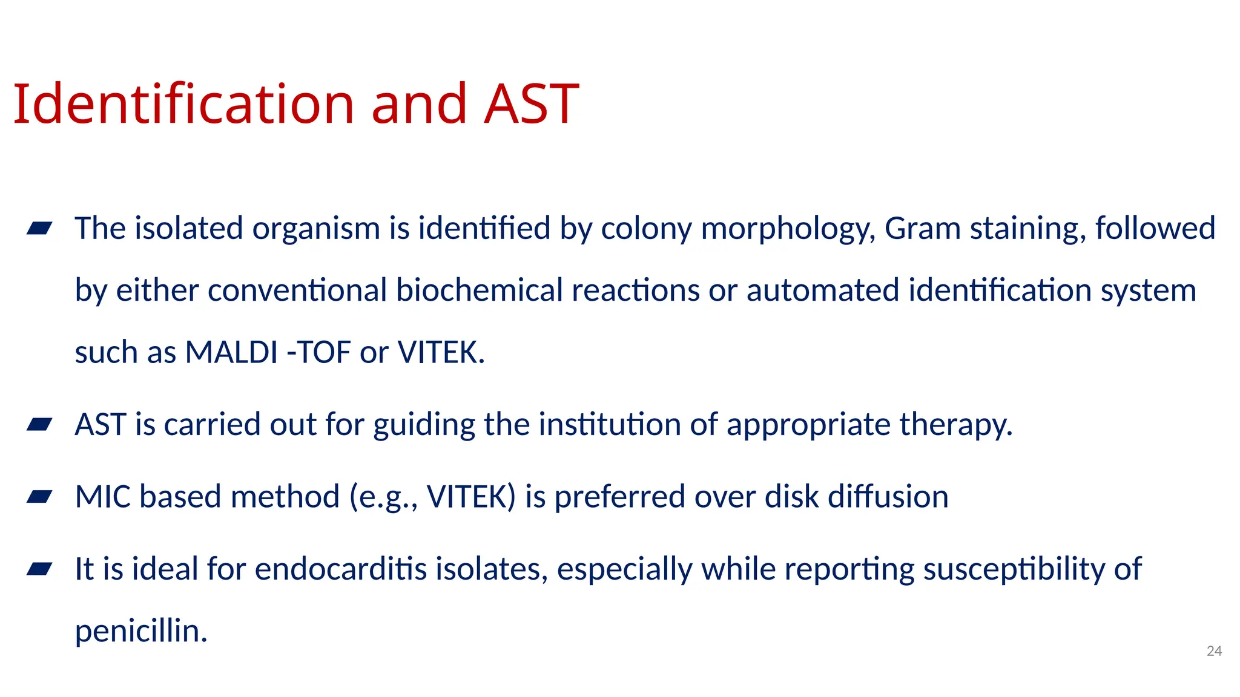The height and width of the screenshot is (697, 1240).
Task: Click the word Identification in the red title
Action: tap(183, 104)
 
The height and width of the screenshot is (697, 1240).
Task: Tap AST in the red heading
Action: tap(531, 104)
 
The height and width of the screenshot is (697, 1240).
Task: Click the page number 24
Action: tap(1214, 651)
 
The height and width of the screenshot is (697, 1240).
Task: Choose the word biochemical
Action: tap(480, 290)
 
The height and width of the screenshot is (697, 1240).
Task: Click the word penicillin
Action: tap(140, 631)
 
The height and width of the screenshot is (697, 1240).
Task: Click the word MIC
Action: tap(102, 497)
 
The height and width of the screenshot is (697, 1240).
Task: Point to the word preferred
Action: tap(619, 497)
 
